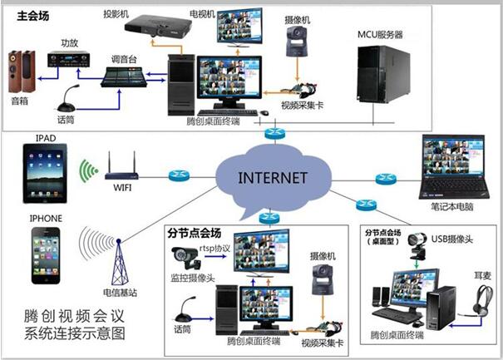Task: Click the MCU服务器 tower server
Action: coord(383,74)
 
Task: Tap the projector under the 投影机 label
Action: coord(158,27)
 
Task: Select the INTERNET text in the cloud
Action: coord(273,178)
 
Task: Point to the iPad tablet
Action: coord(45,173)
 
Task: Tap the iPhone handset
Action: coord(46,256)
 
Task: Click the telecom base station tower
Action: coord(120,263)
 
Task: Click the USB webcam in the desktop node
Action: coord(417,245)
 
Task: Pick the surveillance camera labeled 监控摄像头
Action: coord(185,257)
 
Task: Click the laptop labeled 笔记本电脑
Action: coord(453,167)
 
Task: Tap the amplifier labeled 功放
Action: coord(69,59)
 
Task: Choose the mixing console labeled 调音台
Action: coord(124,76)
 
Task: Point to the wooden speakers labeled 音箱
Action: coord(22,72)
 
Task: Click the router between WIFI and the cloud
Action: coord(179,175)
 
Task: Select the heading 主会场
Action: coord(33,16)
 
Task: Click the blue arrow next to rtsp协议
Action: coord(215,256)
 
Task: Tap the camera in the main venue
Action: coord(297,42)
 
